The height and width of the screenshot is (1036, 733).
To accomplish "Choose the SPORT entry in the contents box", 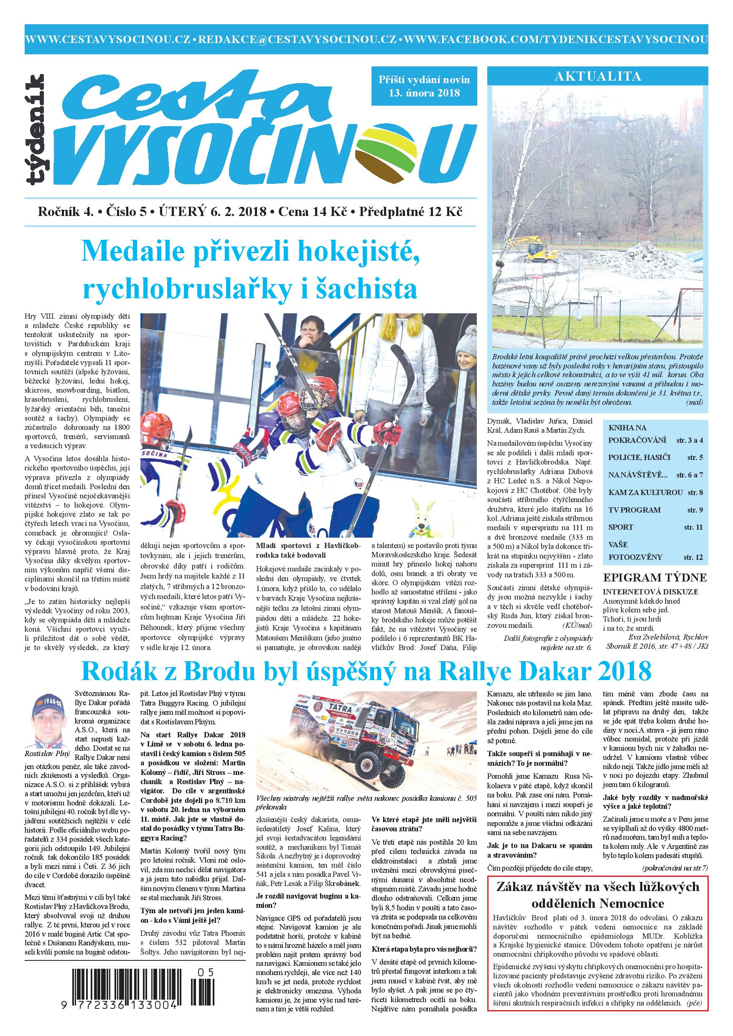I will tap(621, 527).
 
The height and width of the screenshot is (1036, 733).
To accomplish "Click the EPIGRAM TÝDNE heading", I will tap(655, 578).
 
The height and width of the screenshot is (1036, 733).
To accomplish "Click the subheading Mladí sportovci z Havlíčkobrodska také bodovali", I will tap(308, 550).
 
